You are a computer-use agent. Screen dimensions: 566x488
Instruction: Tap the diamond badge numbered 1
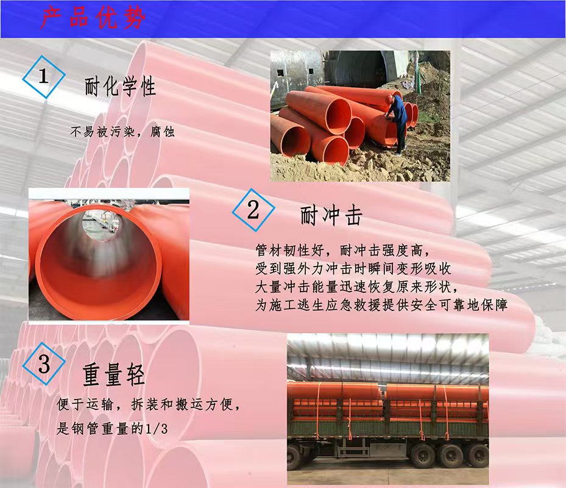tap(44, 77)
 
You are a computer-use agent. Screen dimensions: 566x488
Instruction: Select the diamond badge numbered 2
tap(253, 210)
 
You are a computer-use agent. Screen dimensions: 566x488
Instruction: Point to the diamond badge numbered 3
tap(44, 364)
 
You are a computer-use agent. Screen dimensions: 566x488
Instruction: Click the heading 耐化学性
tap(120, 87)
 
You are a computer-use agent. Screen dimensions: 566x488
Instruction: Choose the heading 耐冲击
tap(331, 216)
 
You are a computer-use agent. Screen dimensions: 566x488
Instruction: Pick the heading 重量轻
tap(114, 375)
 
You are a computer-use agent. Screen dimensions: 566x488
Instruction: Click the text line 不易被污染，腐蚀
tap(122, 132)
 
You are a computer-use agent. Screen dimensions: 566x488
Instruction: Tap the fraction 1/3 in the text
tap(157, 429)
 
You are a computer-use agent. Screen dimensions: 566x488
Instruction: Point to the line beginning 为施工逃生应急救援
tap(381, 305)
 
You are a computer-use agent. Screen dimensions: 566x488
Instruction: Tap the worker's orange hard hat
tap(390, 98)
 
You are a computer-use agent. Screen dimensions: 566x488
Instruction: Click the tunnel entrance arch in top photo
tap(358, 69)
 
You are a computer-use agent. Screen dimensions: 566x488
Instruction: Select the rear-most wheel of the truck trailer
tap(478, 455)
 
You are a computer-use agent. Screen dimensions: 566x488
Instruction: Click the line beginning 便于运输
tap(149, 404)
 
